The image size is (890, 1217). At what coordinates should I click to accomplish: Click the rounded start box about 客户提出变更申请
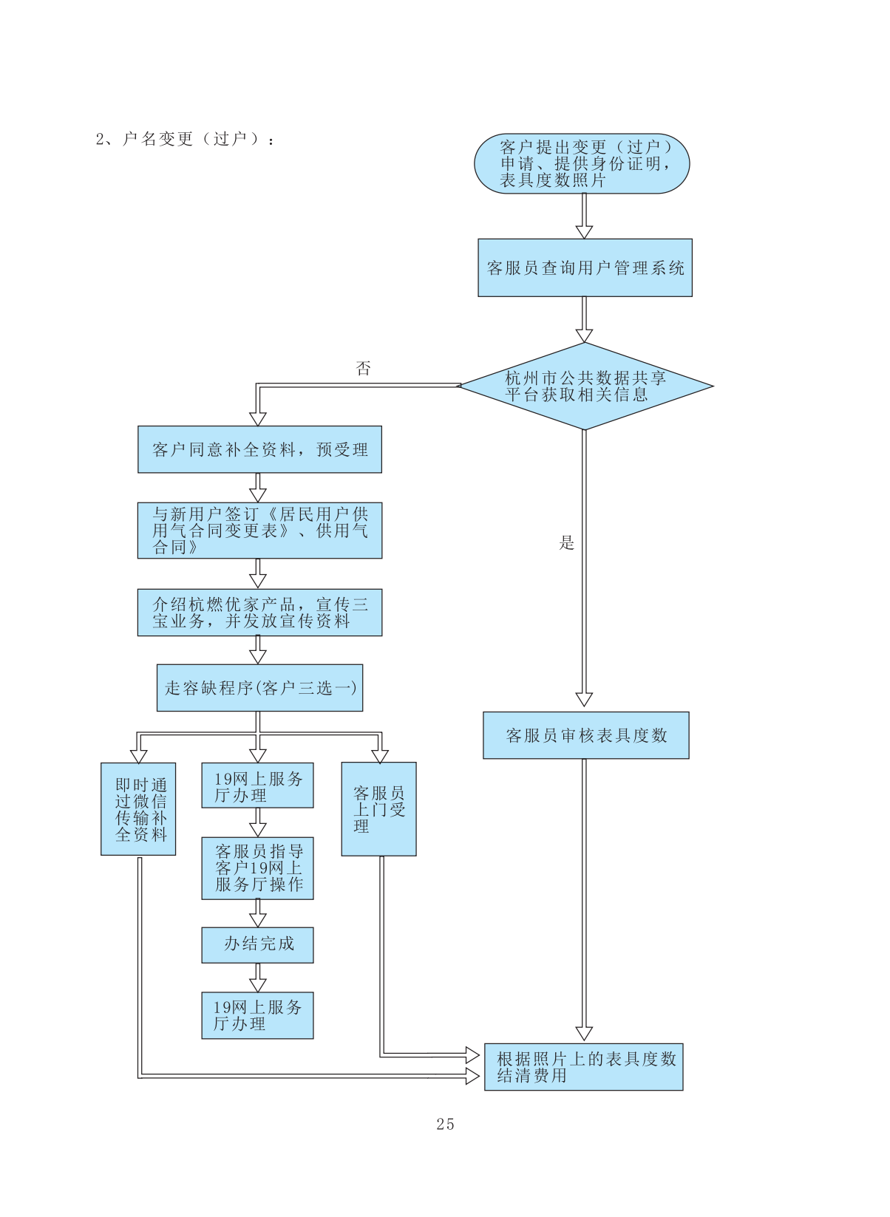582,163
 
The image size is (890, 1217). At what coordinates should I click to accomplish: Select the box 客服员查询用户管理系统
585,267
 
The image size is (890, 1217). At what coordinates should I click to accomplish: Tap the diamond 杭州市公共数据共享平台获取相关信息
585,386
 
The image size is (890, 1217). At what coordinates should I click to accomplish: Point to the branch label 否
363,368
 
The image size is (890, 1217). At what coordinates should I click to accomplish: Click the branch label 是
566,543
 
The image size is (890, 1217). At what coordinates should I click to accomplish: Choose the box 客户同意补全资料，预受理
259,449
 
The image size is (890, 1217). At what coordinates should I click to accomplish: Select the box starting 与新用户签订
259,531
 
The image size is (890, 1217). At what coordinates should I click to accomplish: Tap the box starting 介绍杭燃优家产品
259,613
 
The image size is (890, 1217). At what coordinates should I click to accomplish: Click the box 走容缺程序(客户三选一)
259,688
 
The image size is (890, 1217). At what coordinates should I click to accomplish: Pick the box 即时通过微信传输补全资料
138,809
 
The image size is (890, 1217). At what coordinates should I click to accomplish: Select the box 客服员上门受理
378,809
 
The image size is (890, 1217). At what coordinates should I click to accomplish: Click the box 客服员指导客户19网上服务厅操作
257,868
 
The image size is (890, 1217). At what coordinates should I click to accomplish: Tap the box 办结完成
257,944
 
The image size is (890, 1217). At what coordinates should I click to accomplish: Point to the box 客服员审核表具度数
585,735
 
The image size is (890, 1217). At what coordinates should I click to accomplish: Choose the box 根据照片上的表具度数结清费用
583,1066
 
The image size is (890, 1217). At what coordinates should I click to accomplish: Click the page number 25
445,1124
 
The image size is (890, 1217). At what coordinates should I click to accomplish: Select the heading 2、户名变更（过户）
185,139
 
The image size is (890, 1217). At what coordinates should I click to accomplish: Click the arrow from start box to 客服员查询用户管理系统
584,217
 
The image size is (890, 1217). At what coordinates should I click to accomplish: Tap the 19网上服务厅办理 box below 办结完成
257,1015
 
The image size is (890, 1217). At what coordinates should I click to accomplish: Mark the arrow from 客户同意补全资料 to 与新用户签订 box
258,488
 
